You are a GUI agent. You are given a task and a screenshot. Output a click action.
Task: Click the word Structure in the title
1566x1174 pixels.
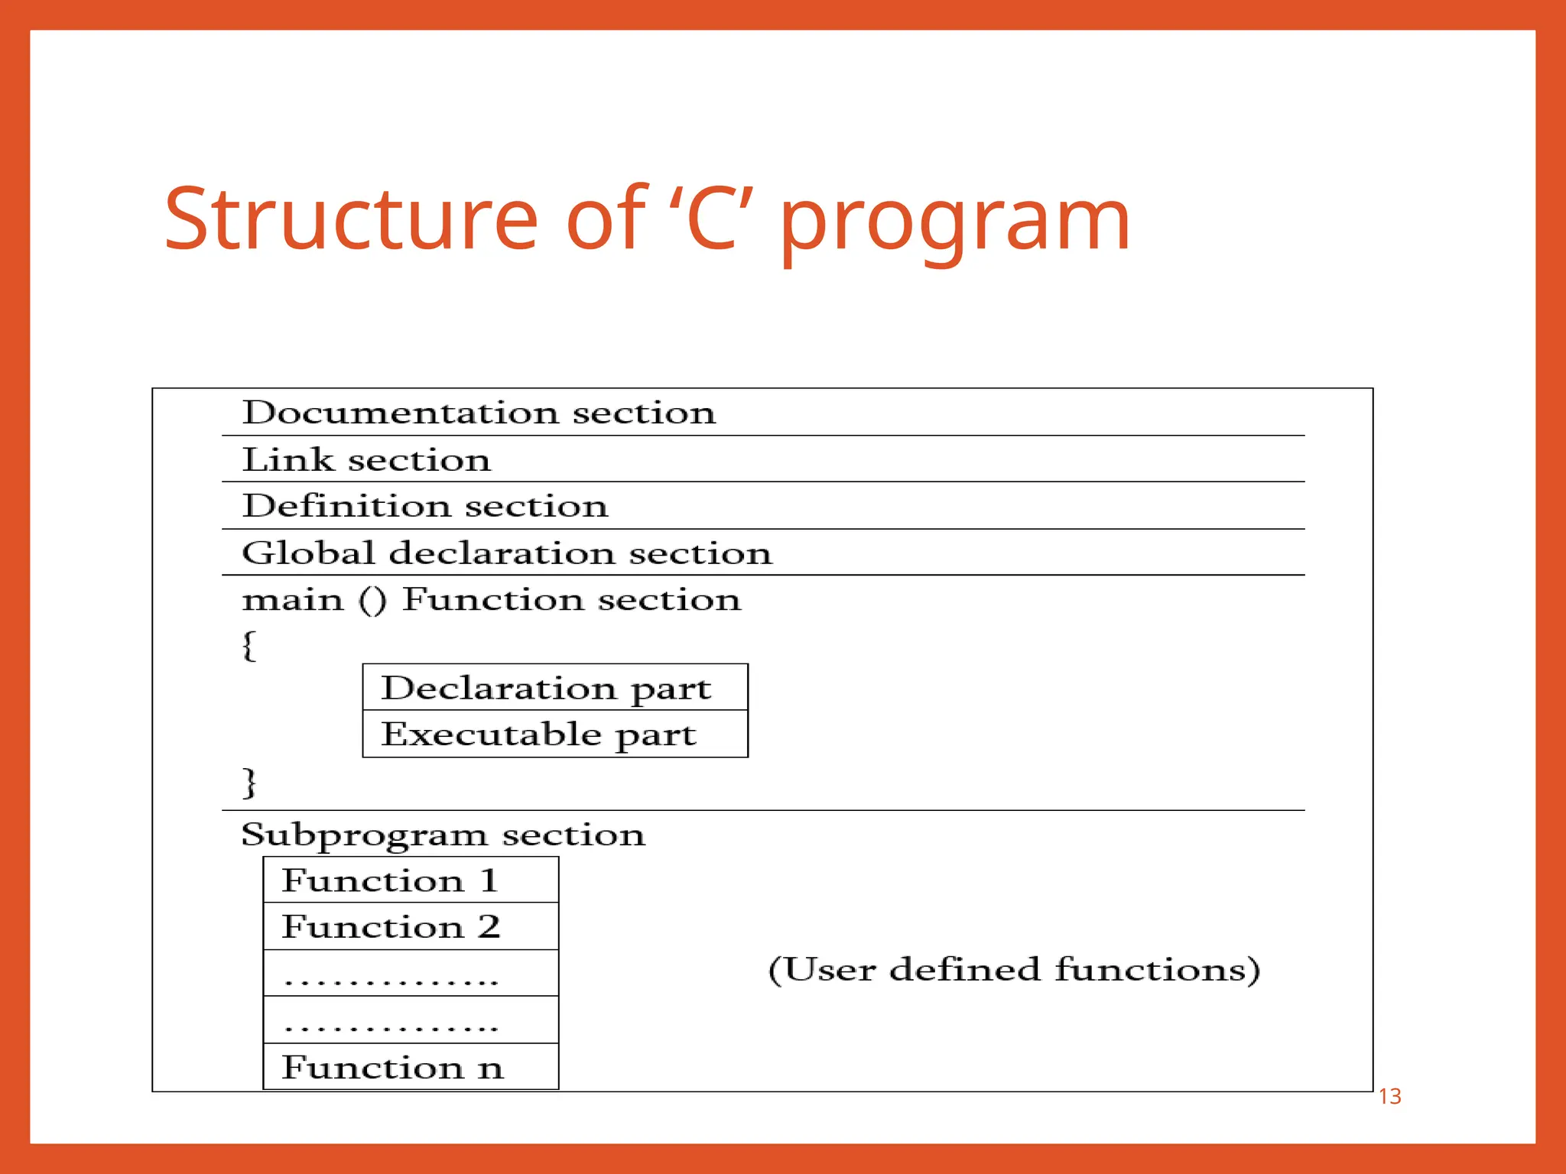(x=351, y=220)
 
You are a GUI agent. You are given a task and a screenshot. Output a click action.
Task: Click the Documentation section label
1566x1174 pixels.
(x=479, y=413)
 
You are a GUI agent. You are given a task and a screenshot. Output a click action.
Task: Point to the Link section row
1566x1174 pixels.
(x=366, y=460)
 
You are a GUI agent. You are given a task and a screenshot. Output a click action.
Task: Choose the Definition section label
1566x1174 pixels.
(x=425, y=506)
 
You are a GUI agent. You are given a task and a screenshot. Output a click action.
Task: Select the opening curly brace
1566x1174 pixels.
(x=249, y=645)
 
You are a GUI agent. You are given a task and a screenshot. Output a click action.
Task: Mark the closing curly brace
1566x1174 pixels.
(x=249, y=782)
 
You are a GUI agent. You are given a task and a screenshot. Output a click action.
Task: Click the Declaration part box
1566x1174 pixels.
(x=554, y=688)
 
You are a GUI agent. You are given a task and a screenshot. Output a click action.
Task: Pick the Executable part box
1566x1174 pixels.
(x=554, y=735)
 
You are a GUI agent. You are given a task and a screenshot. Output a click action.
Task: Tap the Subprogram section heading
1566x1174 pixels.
(x=443, y=835)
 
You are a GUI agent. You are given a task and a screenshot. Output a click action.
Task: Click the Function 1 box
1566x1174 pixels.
(x=411, y=880)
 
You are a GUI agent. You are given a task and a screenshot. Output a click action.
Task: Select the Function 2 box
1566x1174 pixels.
(x=411, y=927)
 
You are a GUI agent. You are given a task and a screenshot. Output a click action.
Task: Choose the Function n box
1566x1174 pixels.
(x=411, y=1067)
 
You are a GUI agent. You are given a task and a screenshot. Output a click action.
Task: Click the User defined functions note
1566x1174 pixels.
(x=1014, y=970)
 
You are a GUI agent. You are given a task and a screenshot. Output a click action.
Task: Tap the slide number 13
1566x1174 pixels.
(x=1389, y=1097)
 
